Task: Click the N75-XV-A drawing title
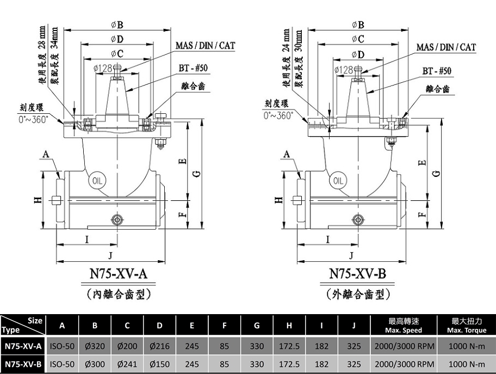pos(119,273)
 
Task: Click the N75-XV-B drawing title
pos(357,273)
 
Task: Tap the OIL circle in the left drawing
pos(97,181)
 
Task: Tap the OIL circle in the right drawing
pos(338,181)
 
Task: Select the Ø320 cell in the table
pos(95,346)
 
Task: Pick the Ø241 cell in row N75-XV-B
pos(127,364)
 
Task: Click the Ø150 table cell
pos(159,364)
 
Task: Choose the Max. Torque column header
pos(467,325)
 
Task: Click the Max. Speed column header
pos(404,325)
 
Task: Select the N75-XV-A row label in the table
pos(23,346)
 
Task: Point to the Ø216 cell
pos(159,346)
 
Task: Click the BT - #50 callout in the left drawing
pos(193,68)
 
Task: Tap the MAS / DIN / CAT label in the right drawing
pos(446,47)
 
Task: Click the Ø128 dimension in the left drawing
pos(103,68)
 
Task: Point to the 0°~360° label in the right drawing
pos(278,115)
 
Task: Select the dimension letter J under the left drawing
pos(110,256)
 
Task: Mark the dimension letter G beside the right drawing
pos(437,173)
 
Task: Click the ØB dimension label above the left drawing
pos(117,24)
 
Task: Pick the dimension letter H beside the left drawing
pos(38,200)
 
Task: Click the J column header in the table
pos(354,325)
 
